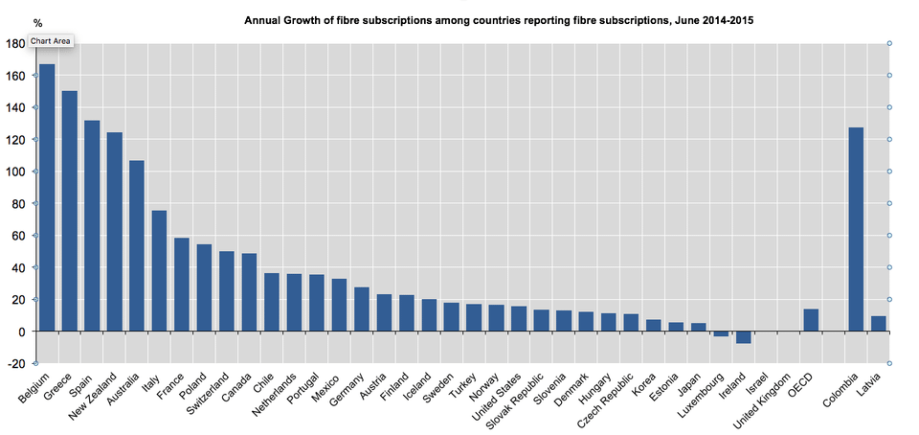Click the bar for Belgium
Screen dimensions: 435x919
[x=47, y=197]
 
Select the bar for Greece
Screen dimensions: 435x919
[x=70, y=211]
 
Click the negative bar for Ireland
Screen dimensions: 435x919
[x=744, y=336]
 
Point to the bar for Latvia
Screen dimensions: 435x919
[x=878, y=323]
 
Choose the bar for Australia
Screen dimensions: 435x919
[x=137, y=245]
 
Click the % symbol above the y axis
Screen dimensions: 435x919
[x=37, y=22]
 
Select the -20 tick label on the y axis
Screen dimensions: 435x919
[x=14, y=363]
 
